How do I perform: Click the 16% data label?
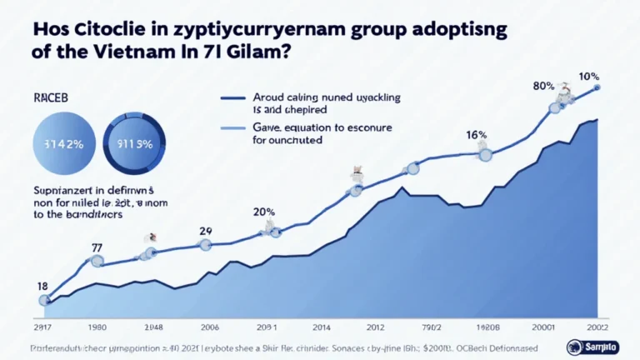[x=476, y=134]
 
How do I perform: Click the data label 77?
[x=97, y=247]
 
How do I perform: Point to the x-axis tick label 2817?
[x=42, y=326]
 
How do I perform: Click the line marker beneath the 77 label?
[x=97, y=262]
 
